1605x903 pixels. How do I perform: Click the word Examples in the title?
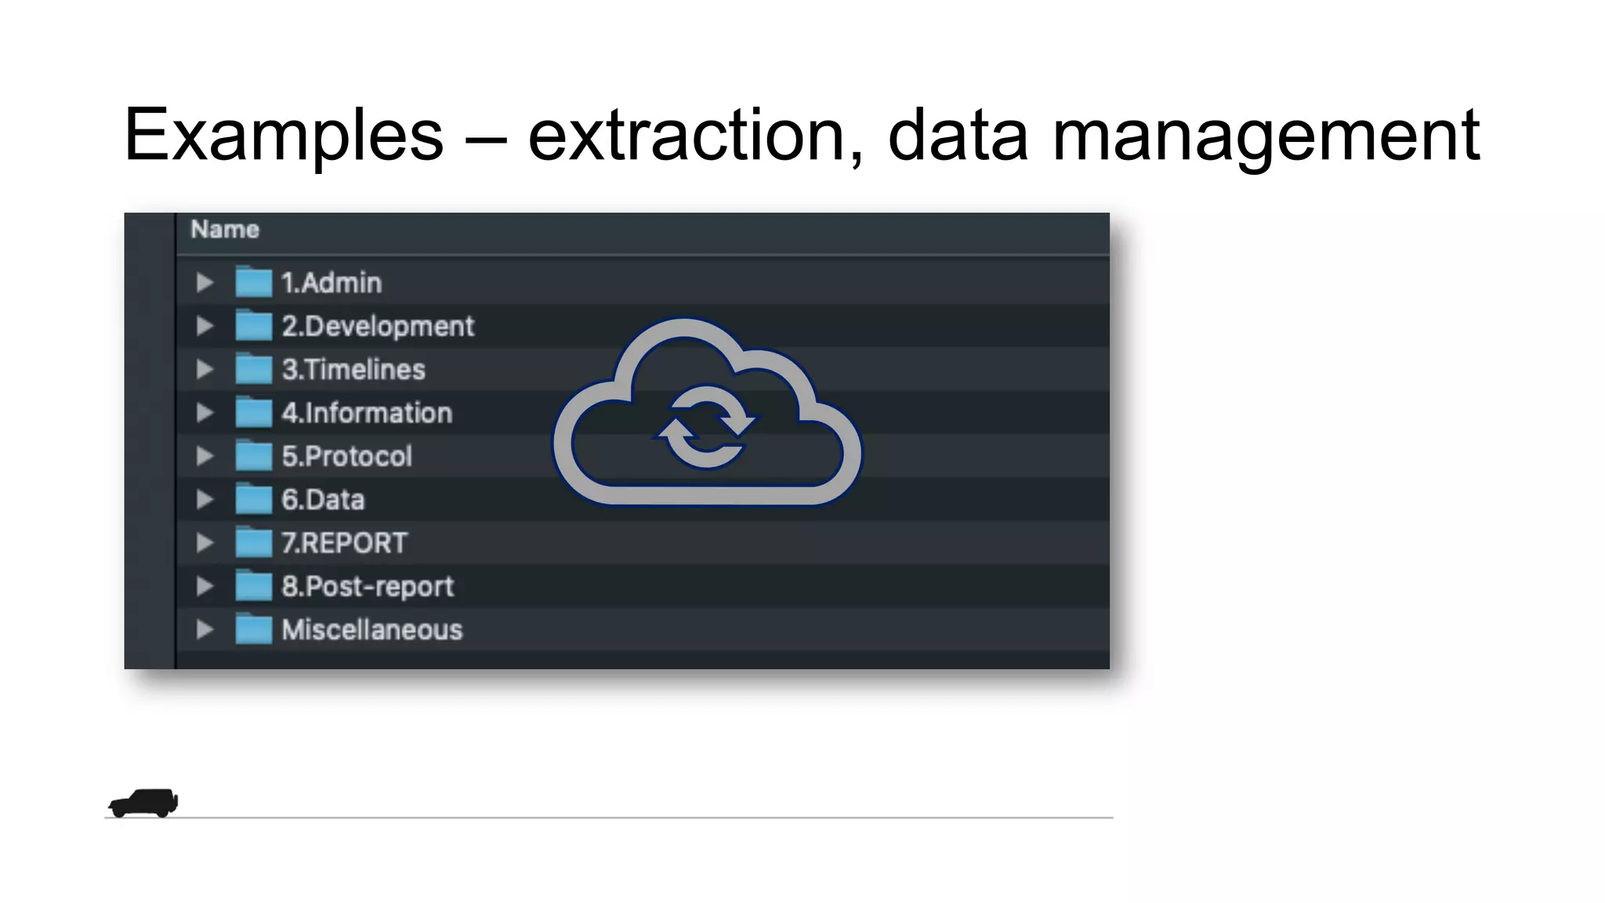(284, 136)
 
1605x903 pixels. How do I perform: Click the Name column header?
(225, 230)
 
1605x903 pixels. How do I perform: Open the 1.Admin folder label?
(332, 283)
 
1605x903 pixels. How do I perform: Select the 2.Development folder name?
(378, 326)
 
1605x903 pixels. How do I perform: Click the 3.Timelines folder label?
(353, 369)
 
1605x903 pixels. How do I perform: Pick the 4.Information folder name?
(367, 413)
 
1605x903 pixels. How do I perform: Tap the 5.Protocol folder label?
(346, 456)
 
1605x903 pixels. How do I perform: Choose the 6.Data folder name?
(323, 499)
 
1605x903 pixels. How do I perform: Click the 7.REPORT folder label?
(345, 543)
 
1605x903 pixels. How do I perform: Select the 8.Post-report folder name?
(368, 586)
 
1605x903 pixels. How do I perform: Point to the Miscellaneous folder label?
(372, 630)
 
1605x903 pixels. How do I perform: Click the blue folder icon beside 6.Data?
(253, 499)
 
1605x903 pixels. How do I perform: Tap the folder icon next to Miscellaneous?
(253, 629)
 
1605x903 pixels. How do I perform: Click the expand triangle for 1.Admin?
(205, 282)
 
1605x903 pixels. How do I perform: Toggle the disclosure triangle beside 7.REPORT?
(205, 542)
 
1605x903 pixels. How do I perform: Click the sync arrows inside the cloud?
(706, 427)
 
